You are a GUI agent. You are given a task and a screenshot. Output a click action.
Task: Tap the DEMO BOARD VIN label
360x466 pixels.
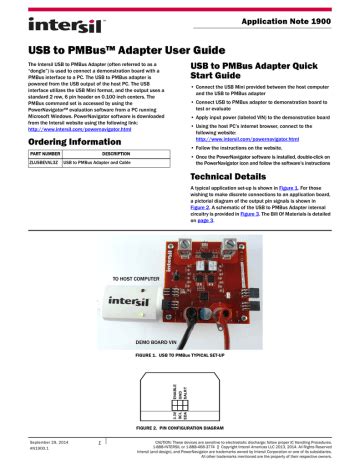pos(50,340)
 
